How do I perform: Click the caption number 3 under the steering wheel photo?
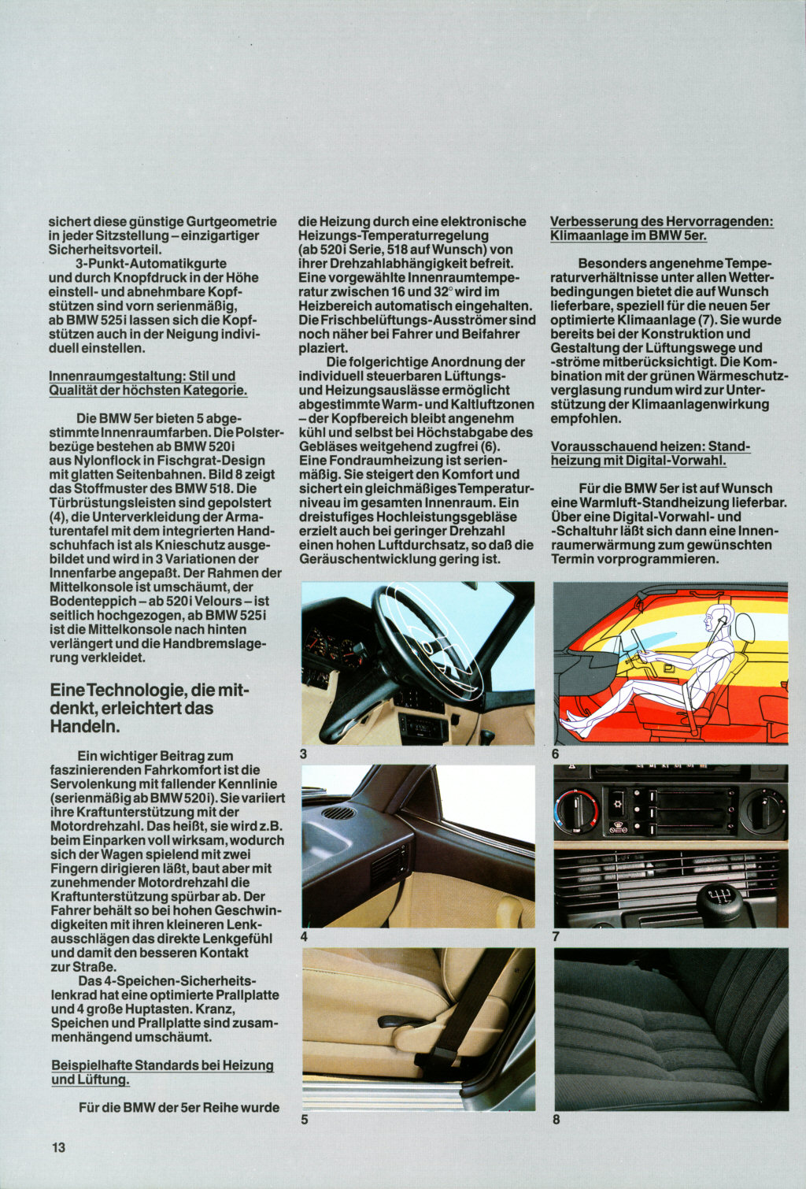tap(304, 754)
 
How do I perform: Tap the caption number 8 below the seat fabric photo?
tap(556, 1119)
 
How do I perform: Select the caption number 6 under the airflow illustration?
tap(556, 754)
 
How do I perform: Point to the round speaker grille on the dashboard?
tap(338, 813)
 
